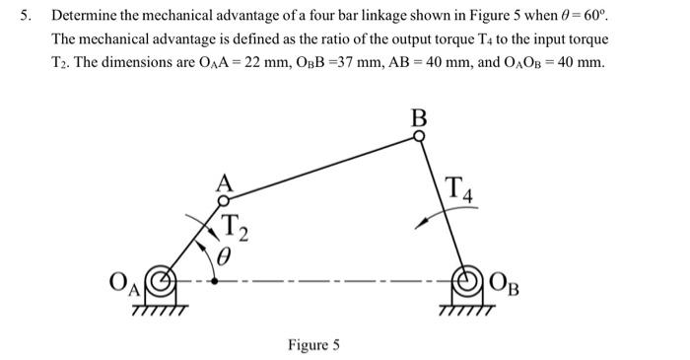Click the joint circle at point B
[x=419, y=138]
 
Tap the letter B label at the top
[x=419, y=118]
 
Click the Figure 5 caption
[x=313, y=345]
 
